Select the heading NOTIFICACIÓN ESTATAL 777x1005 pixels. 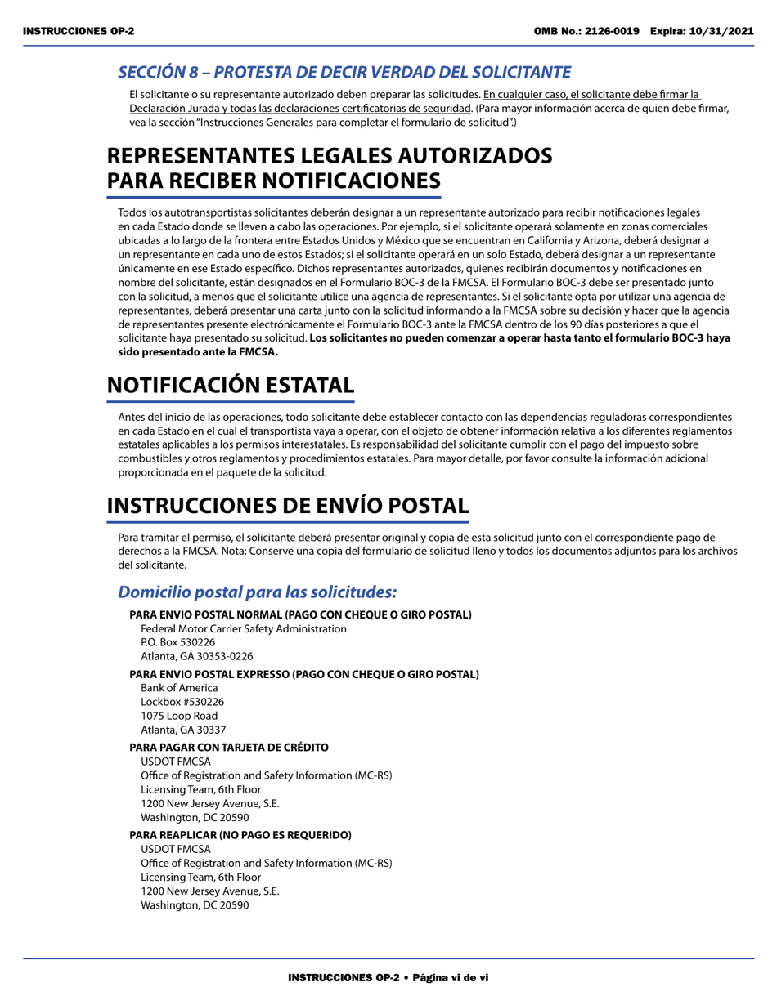pos(231,384)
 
